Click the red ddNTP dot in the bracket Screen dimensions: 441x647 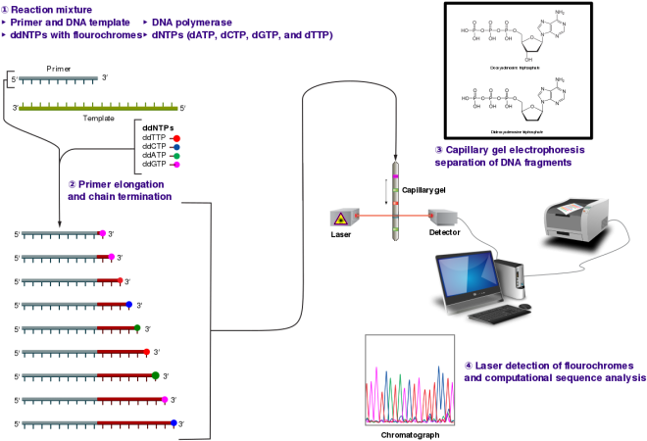[x=176, y=138]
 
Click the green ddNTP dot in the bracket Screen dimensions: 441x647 [x=176, y=156]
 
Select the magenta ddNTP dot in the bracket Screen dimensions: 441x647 [x=176, y=165]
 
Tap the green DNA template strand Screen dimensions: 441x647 [x=98, y=108]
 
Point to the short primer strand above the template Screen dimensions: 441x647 [x=58, y=77]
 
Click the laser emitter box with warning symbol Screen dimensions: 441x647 [x=342, y=218]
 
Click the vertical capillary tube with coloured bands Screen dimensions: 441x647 [x=396, y=201]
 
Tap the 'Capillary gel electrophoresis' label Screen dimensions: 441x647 [x=510, y=149]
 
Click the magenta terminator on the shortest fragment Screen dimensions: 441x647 [x=103, y=233]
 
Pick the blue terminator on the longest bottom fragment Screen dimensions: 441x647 [x=174, y=423]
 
